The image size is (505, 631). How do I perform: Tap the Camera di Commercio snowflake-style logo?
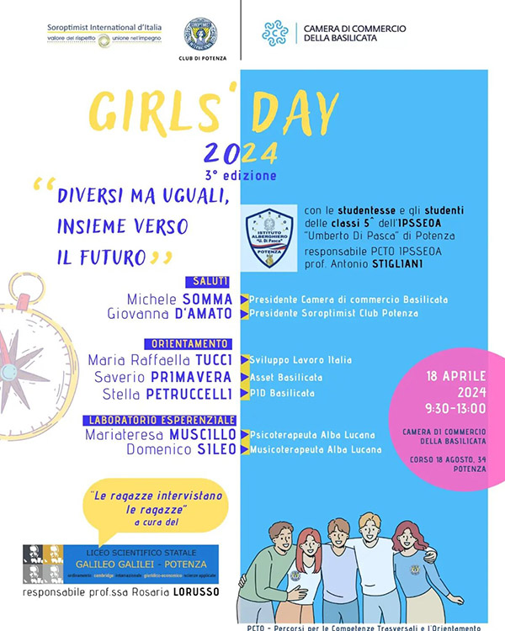coord(274,33)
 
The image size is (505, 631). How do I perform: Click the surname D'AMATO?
coord(205,314)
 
